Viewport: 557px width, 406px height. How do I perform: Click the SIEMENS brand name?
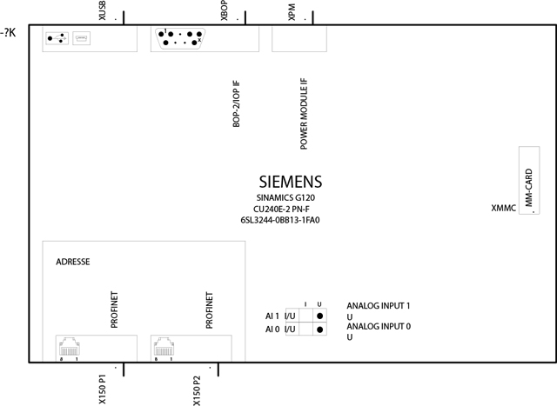coord(291,183)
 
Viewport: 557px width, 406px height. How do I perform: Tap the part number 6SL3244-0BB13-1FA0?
coord(281,221)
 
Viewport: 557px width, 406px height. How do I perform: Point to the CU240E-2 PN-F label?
coord(280,210)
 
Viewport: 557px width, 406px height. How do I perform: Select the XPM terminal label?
coord(292,12)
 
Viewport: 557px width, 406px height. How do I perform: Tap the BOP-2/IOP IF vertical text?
coord(236,107)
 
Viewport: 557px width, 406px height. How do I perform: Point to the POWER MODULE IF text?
coord(304,114)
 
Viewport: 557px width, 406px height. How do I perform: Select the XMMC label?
coord(504,208)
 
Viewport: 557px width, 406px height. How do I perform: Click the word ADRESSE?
coord(73,262)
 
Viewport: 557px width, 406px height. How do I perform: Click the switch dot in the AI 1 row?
coord(320,317)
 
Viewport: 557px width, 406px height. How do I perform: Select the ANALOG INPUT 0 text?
coord(378,326)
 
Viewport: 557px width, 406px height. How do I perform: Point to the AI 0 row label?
coord(273,329)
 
